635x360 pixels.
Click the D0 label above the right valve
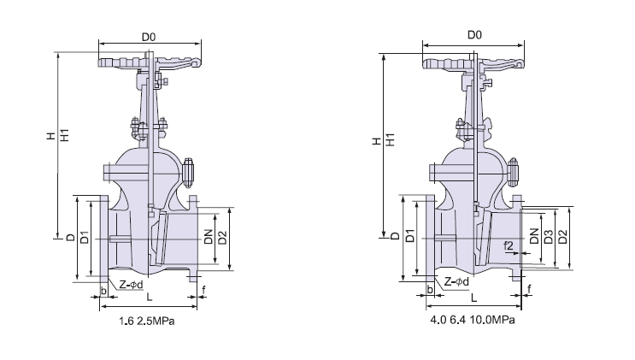tap(476, 35)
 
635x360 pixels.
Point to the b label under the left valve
tap(103, 292)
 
